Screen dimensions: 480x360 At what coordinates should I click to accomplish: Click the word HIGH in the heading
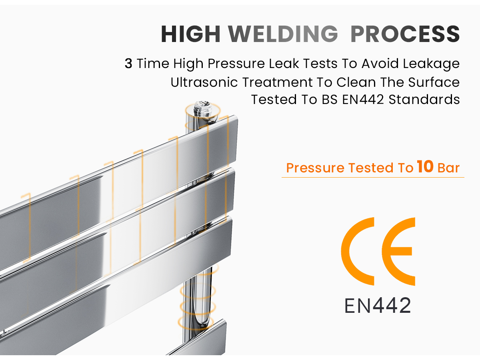190,34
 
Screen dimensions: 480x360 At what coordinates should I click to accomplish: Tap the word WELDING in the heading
283,34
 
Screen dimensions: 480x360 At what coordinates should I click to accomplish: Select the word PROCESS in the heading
405,34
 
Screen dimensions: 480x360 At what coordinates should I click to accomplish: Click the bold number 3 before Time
128,63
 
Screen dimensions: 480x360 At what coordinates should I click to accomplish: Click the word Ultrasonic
204,82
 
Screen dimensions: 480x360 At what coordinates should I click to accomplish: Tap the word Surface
434,82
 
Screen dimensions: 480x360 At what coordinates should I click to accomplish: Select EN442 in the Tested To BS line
363,100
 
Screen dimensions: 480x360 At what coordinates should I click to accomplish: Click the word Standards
424,100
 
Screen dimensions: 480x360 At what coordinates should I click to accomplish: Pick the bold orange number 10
425,166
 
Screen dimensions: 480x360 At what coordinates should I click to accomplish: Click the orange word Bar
448,168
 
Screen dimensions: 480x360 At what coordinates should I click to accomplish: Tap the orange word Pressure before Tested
315,168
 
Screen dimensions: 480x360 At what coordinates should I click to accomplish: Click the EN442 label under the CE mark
378,305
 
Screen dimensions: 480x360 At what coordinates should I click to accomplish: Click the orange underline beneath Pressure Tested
373,177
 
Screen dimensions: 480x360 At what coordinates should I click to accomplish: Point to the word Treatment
278,82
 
